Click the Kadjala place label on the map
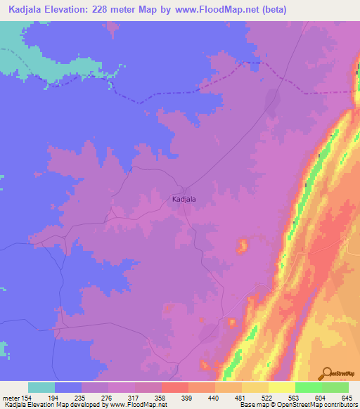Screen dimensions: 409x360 click(x=184, y=199)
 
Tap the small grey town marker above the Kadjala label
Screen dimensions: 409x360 click(x=185, y=190)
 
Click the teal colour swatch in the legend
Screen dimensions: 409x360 click(x=41, y=387)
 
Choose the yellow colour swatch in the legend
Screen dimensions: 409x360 click(x=281, y=387)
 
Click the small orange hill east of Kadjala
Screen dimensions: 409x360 click(x=242, y=246)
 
